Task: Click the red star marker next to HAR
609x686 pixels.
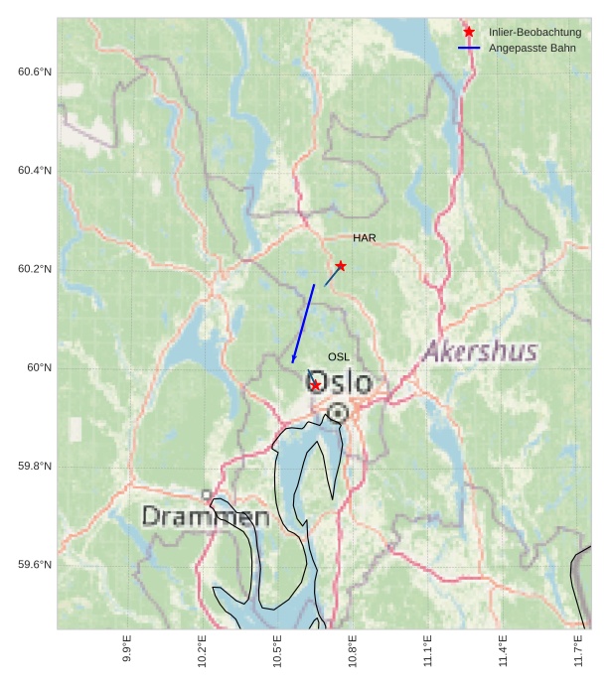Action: pos(341,266)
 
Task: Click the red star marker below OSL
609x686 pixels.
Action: pos(315,385)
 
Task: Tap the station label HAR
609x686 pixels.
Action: pos(364,238)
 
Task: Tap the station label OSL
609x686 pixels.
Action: pos(339,356)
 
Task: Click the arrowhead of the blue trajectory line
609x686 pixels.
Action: pos(293,359)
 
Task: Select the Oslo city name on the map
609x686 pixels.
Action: pos(340,383)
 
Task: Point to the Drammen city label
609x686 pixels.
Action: pos(206,517)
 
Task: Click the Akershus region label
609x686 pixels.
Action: pos(481,351)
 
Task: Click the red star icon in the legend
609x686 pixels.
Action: pos(469,33)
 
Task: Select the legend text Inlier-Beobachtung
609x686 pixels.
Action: pos(534,33)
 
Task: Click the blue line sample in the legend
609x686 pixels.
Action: pos(469,48)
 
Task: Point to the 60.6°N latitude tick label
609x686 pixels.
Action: pos(35,72)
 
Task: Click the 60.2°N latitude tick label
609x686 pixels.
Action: pos(35,270)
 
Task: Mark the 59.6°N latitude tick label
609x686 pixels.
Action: pos(35,565)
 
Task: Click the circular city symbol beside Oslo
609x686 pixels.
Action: pos(338,412)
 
